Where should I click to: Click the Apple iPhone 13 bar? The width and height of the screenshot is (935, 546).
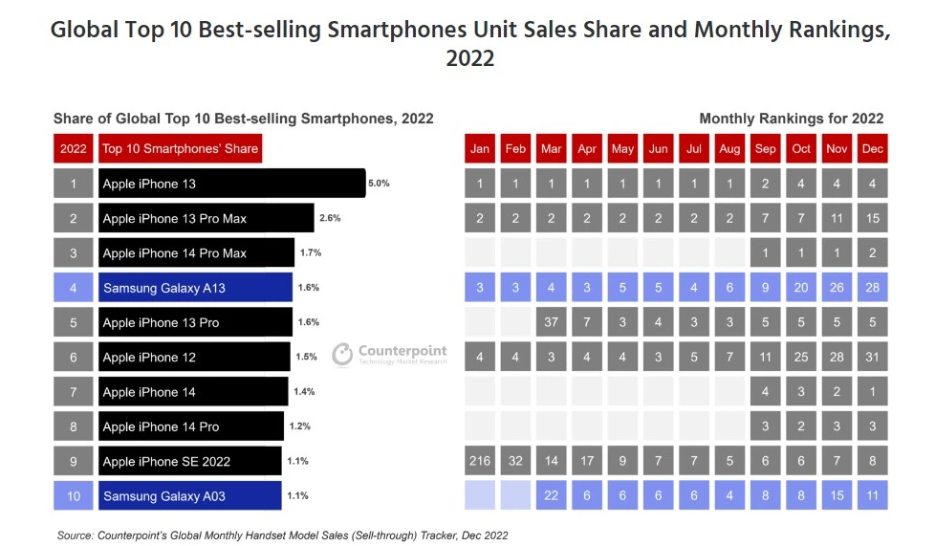(231, 183)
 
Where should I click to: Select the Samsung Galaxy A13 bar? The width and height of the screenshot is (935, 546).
(195, 288)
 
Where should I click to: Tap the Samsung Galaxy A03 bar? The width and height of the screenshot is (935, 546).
(189, 495)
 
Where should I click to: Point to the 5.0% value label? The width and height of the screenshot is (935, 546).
(379, 183)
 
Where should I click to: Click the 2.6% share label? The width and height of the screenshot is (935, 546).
(329, 218)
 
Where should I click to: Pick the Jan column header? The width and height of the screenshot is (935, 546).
(480, 149)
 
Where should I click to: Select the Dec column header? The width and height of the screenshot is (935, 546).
(872, 149)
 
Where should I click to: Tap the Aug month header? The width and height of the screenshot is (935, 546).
(729, 149)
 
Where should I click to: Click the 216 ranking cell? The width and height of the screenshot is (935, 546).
(480, 461)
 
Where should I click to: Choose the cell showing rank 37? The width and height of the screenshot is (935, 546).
(552, 322)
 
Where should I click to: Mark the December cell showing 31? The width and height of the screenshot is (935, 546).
(872, 357)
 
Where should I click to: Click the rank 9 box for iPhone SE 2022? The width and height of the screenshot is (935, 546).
(74, 461)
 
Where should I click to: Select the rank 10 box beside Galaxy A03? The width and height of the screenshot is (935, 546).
(74, 495)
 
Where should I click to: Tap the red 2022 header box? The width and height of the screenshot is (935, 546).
(74, 149)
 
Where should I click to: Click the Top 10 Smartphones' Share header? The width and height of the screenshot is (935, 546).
(181, 149)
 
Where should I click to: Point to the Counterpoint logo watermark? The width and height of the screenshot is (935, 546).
(390, 355)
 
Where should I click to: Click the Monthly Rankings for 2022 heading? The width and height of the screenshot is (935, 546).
(791, 119)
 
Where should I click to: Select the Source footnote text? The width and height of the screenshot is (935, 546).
(281, 535)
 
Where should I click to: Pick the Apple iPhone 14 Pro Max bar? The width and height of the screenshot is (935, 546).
(195, 252)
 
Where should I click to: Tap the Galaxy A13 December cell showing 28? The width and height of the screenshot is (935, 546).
(872, 288)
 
